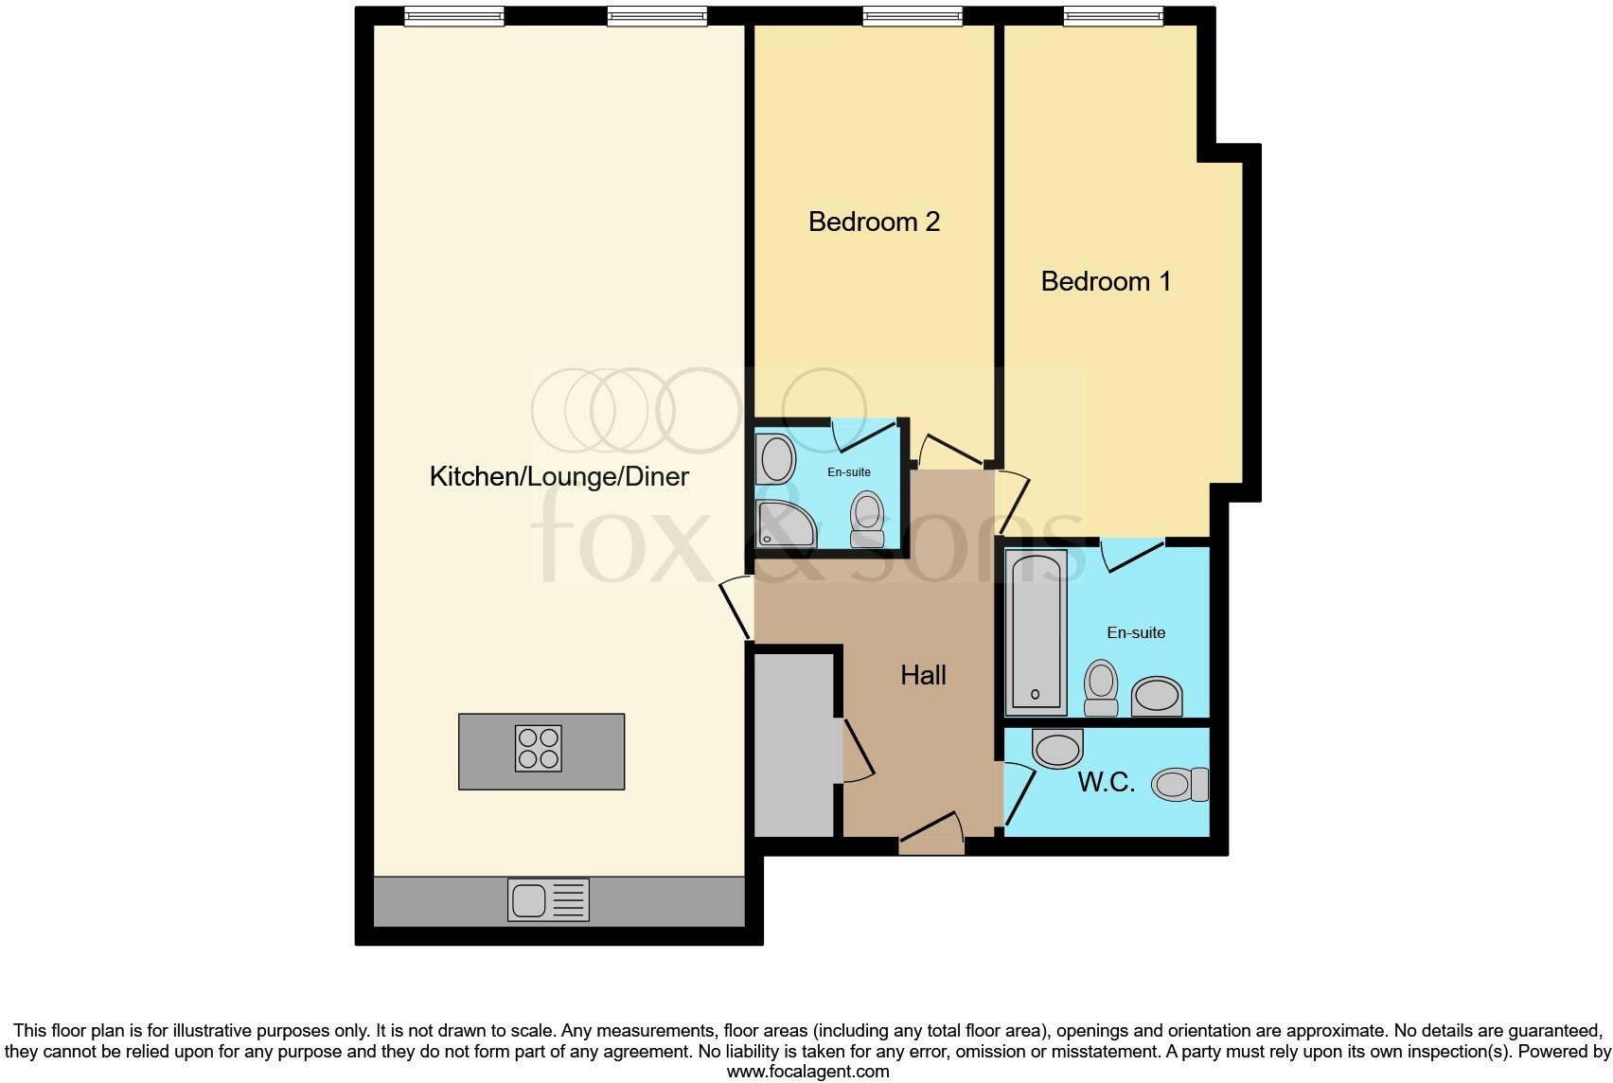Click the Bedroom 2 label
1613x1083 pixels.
[x=874, y=222]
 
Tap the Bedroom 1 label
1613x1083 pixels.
[x=1106, y=281]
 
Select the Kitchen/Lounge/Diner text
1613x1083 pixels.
[x=558, y=476]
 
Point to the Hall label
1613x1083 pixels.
[x=923, y=675]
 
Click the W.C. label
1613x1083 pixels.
[x=1106, y=783]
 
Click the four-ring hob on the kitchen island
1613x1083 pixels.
[x=539, y=748]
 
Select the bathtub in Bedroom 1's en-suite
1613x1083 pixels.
[x=1037, y=631]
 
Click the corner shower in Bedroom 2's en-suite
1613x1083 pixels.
[x=784, y=524]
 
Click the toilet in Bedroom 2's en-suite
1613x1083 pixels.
[x=867, y=519]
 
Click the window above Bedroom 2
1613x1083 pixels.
[x=913, y=15]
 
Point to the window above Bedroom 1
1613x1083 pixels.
[x=1113, y=15]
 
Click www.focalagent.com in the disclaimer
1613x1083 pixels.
[x=807, y=1072]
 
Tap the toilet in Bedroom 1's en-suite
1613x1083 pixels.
[x=1101, y=686]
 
